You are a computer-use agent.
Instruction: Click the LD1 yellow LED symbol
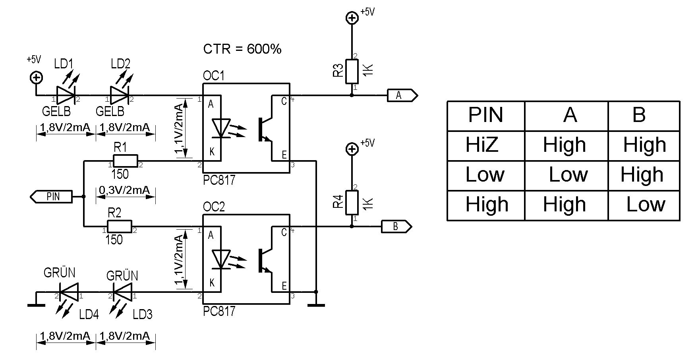coord(66,95)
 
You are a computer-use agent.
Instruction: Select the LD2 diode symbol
coord(120,95)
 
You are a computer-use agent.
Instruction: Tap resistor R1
coord(126,161)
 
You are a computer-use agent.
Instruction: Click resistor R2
coord(120,226)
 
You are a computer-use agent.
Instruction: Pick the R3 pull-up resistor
coord(352,72)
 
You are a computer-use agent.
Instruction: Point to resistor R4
coord(352,203)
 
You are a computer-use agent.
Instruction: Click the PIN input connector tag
coord(51,197)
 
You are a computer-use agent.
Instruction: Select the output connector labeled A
coord(402,95)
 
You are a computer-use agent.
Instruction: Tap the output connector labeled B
coord(396,226)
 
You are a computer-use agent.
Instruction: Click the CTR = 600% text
coord(242,49)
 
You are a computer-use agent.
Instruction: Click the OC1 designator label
coord(214,75)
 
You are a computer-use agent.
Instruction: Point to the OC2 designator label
coord(214,207)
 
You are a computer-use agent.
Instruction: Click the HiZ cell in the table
coord(482,145)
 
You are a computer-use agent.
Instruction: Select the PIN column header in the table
coord(485,115)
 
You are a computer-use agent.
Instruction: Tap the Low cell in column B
coord(646,204)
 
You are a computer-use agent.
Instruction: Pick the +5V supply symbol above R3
coord(352,17)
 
